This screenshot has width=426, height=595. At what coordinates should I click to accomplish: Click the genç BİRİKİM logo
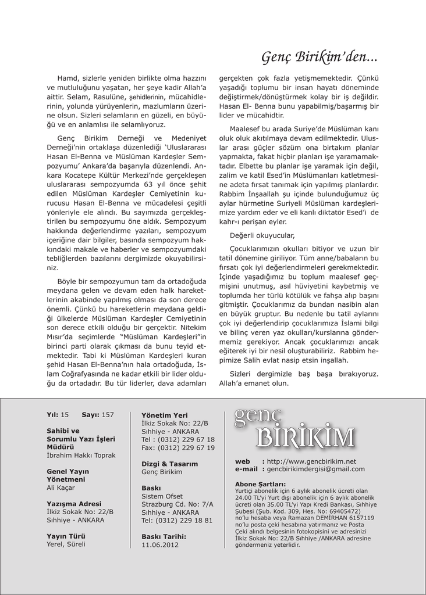294,429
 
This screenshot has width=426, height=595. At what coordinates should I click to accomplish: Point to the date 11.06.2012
160,545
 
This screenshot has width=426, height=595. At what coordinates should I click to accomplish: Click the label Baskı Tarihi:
164,537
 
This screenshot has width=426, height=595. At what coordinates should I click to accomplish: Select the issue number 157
108,415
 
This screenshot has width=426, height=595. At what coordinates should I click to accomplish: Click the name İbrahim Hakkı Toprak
81,456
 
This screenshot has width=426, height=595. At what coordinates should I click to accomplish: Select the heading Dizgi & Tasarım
170,464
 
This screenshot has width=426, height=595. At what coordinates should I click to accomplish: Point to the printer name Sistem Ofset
162,496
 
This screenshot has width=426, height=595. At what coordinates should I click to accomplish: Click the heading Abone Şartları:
260,484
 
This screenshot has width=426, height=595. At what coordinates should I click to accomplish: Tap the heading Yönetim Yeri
165,415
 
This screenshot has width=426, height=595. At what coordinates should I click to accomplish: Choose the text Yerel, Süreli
66,544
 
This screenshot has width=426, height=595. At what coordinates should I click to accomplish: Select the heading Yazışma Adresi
74,504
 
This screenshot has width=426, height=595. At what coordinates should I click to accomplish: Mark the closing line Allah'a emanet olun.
254,383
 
